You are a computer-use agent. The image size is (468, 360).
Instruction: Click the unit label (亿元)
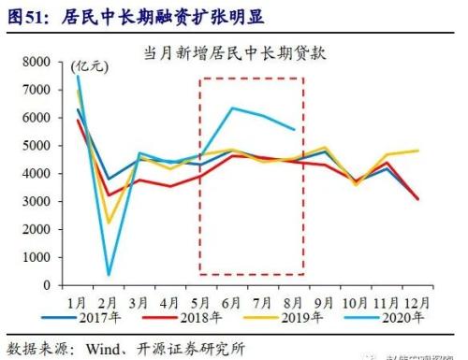[x=92, y=66]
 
